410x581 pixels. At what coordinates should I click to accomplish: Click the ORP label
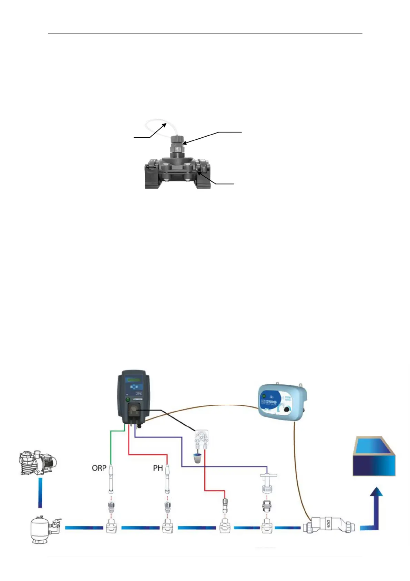tap(99, 468)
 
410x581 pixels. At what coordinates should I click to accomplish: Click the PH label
tap(158, 468)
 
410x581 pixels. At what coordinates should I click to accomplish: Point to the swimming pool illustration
tap(374, 456)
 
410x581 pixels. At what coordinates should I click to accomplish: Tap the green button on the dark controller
tap(127, 400)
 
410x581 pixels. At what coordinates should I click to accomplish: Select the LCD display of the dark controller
tap(133, 380)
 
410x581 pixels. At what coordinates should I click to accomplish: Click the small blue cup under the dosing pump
tap(197, 459)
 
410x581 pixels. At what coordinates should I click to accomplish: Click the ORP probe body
tap(111, 480)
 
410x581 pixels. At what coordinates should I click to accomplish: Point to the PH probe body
tap(167, 480)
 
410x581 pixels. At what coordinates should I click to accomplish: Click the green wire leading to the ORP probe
tap(111, 445)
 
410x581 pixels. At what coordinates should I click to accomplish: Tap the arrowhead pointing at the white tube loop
tap(165, 124)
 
